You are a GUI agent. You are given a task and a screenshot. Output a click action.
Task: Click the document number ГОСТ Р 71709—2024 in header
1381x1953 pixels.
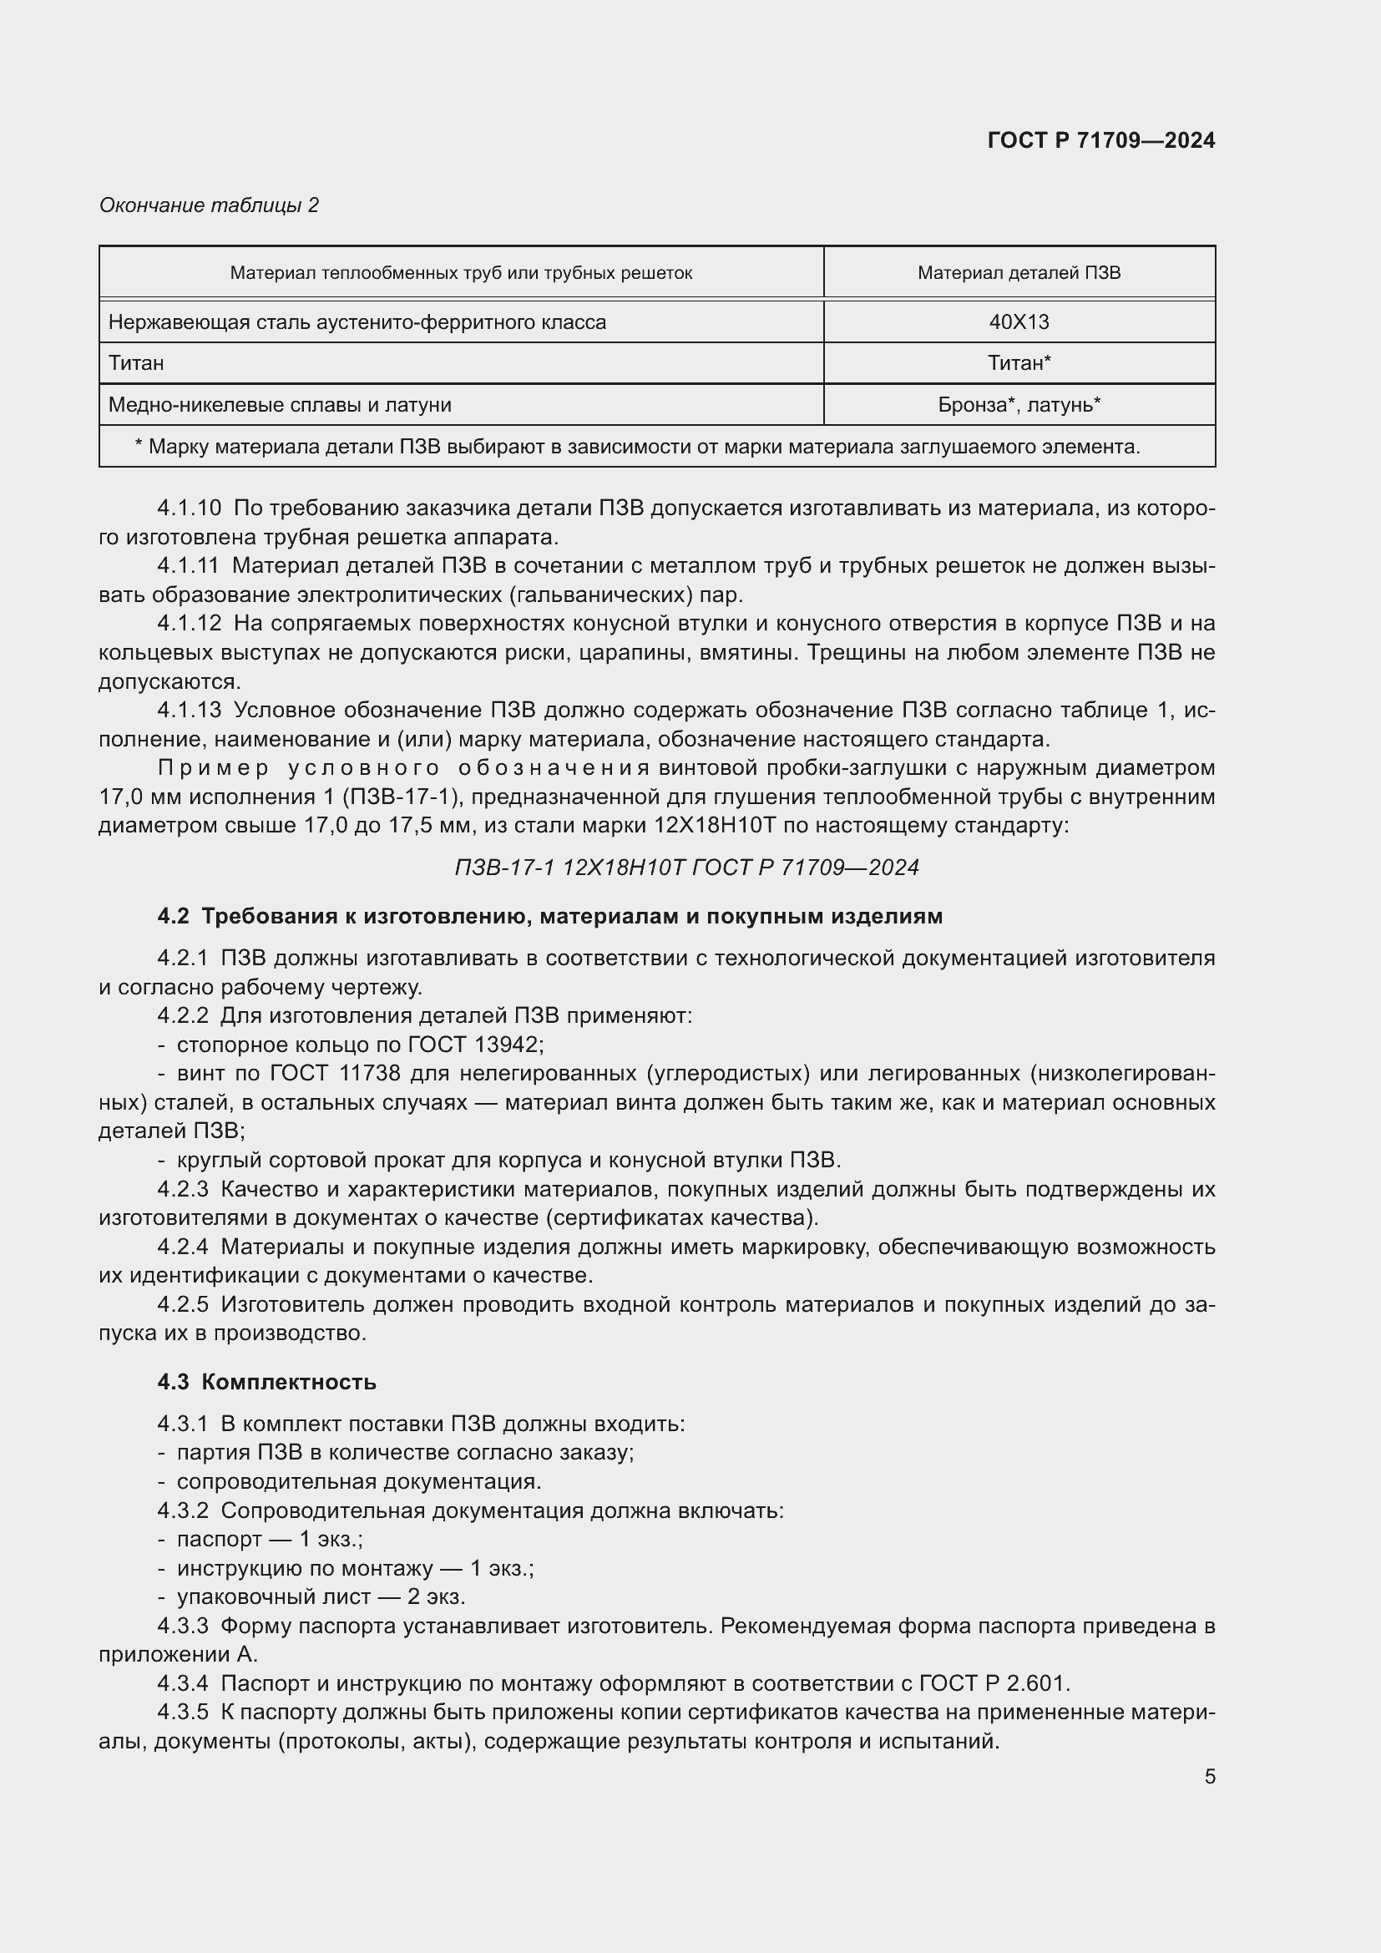point(1100,140)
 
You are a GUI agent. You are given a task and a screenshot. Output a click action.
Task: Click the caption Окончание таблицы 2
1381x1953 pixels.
point(209,205)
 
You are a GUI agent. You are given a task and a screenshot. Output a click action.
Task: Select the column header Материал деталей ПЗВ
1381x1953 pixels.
point(1018,273)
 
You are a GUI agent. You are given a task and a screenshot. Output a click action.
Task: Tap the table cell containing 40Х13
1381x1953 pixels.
point(1018,322)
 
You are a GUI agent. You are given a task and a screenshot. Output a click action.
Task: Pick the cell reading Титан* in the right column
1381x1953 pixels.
point(1018,363)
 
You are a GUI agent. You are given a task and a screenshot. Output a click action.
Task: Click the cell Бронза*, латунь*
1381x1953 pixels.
point(1018,405)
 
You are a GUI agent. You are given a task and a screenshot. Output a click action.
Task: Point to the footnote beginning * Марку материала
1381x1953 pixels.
point(637,447)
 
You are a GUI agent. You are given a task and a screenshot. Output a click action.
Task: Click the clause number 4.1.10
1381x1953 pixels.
point(188,508)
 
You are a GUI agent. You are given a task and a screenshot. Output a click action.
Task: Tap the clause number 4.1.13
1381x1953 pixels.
point(188,711)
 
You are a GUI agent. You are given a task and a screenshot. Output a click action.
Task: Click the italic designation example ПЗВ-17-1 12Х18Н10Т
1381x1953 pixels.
point(686,868)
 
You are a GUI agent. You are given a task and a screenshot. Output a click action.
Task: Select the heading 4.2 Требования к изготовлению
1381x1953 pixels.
point(549,916)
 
